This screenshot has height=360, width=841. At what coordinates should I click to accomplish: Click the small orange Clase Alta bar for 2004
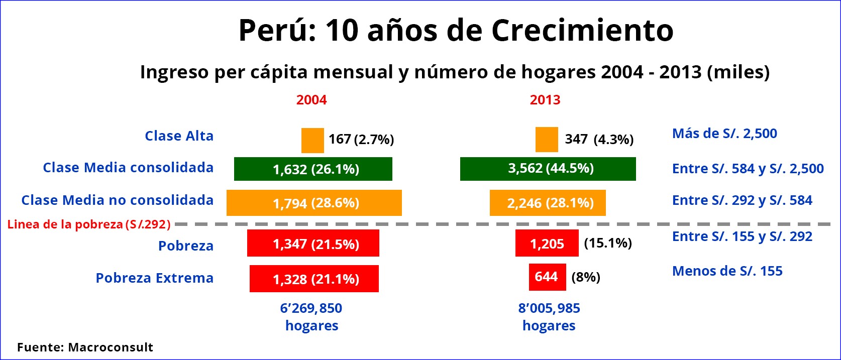(x=312, y=141)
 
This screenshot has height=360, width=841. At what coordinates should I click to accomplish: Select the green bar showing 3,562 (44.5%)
(x=548, y=169)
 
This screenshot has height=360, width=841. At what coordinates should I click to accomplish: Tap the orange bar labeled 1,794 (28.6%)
(x=314, y=203)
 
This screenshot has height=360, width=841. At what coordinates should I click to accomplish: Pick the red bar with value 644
(x=547, y=277)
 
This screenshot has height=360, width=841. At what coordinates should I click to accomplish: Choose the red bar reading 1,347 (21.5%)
(x=313, y=244)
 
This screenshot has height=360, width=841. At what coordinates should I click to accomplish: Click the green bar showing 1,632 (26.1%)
(x=313, y=169)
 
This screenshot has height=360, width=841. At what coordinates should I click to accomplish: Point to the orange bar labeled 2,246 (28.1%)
(x=548, y=203)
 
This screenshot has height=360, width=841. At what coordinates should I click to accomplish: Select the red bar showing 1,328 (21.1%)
(x=314, y=279)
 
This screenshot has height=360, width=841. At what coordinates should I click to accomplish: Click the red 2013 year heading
(x=545, y=100)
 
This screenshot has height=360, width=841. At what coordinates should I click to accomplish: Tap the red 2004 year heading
(x=311, y=100)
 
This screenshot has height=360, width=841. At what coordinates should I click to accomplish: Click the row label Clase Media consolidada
(x=128, y=168)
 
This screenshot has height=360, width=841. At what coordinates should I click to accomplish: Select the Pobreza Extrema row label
(x=155, y=278)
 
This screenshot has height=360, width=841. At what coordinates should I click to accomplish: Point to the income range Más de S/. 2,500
(x=724, y=134)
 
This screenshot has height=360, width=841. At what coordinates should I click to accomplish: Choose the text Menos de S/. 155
(x=727, y=271)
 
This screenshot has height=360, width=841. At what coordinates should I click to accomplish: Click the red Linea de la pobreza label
(x=89, y=224)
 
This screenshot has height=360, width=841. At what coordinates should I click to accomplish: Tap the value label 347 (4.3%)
(x=599, y=139)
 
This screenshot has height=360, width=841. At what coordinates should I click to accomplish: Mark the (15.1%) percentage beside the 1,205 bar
(x=608, y=244)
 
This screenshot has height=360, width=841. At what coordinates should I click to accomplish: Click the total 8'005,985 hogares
(x=549, y=317)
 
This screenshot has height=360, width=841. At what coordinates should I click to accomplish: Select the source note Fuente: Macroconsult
(x=85, y=347)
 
